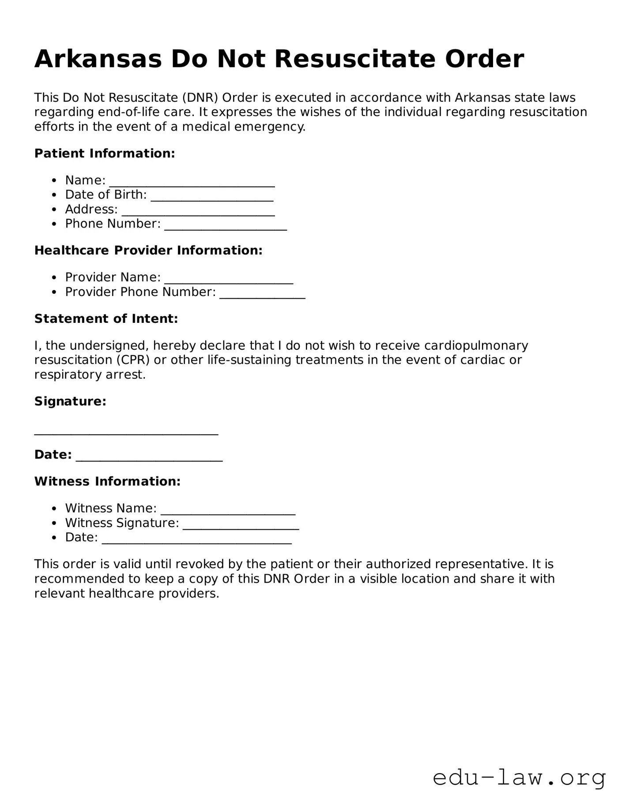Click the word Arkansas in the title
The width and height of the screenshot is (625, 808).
click(98, 59)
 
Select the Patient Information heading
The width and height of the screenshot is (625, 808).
click(105, 153)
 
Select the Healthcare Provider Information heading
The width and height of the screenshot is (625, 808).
click(148, 251)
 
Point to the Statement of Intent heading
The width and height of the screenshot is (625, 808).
click(106, 319)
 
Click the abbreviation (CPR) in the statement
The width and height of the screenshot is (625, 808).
click(133, 360)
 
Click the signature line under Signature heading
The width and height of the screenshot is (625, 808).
click(126, 432)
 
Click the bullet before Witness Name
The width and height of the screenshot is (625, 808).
click(54, 509)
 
